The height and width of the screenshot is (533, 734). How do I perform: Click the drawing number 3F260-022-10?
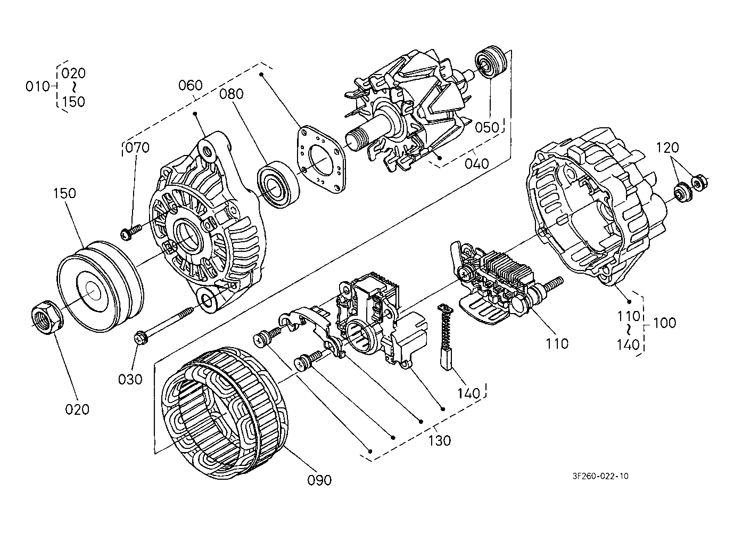[600, 476]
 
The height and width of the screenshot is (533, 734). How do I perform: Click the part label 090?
[319, 480]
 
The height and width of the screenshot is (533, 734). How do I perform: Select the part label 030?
[130, 380]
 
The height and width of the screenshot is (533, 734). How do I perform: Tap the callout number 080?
[232, 94]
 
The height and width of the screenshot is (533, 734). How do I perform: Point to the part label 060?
[191, 86]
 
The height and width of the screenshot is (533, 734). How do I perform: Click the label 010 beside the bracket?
[38, 87]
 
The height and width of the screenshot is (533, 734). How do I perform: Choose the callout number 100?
[664, 323]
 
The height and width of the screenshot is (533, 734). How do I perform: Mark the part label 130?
[440, 440]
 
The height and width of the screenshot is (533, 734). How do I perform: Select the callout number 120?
[667, 147]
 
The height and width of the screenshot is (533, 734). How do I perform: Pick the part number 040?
[477, 163]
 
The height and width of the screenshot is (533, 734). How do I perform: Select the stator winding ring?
[226, 416]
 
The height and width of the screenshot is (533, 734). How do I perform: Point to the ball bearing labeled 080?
[278, 185]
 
